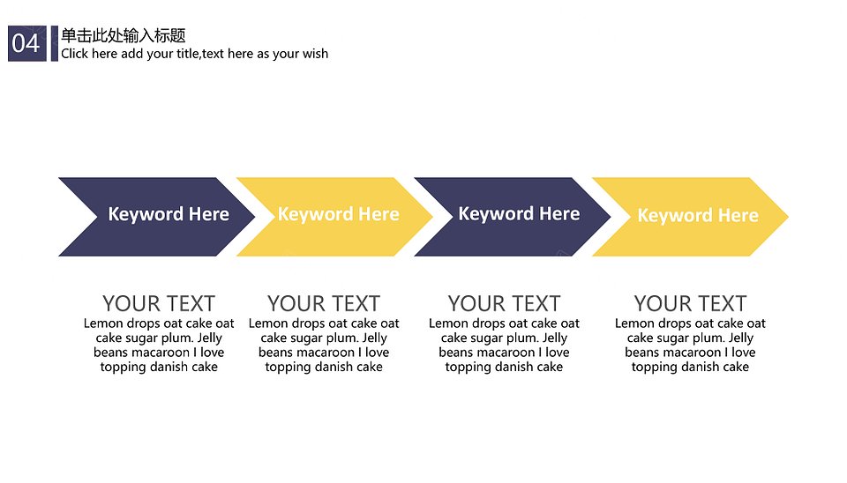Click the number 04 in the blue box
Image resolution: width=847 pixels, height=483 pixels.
click(26, 43)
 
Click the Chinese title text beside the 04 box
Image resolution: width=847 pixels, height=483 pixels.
click(124, 35)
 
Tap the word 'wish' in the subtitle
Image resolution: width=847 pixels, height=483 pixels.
click(316, 54)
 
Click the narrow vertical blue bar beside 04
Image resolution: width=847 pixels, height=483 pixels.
click(55, 43)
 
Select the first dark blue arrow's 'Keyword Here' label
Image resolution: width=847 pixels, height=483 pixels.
click(169, 214)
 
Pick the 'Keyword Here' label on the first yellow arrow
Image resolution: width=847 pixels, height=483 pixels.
click(339, 214)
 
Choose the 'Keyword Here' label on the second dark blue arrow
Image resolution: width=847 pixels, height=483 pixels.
click(519, 213)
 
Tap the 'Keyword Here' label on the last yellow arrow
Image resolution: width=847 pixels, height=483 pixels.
click(698, 215)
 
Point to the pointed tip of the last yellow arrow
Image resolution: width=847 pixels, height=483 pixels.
click(788, 217)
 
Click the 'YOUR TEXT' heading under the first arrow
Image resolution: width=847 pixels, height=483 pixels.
click(159, 304)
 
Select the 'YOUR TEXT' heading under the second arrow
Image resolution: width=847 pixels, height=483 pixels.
click(324, 304)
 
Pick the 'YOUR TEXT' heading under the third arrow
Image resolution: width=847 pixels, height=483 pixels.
click(504, 304)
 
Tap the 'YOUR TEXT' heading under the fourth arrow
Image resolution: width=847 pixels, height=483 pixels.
click(690, 304)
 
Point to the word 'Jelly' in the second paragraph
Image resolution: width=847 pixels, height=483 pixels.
click(374, 338)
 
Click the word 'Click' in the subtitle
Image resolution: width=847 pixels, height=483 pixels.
click(74, 54)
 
